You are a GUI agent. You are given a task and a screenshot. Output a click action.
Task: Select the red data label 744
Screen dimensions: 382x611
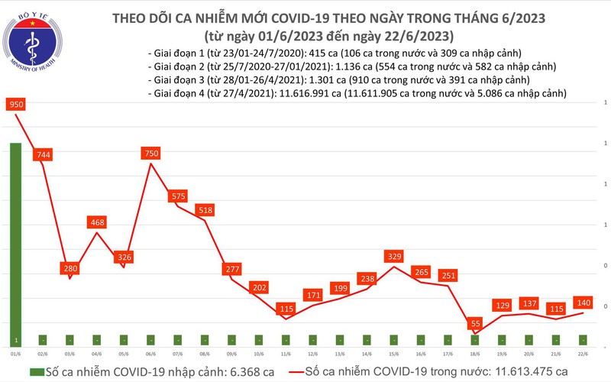pos(43,155)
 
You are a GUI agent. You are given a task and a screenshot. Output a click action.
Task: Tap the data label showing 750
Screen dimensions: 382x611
pos(151,154)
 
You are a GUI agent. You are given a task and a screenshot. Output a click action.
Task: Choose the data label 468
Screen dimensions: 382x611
pos(97,222)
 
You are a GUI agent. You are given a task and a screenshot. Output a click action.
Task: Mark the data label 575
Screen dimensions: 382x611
pos(179,196)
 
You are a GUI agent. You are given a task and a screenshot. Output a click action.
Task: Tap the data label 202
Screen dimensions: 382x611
pos(260,287)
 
